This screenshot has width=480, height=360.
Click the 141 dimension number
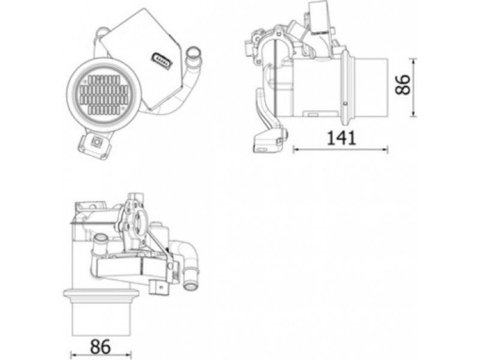tap(341, 138)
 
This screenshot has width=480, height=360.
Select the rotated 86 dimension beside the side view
tap(403, 84)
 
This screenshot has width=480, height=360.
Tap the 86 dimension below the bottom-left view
tap(100, 347)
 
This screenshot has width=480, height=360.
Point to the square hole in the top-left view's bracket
tap(97, 142)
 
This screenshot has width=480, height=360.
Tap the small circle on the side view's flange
tap(346, 103)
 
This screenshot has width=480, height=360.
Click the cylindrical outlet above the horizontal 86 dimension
tap(101, 319)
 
